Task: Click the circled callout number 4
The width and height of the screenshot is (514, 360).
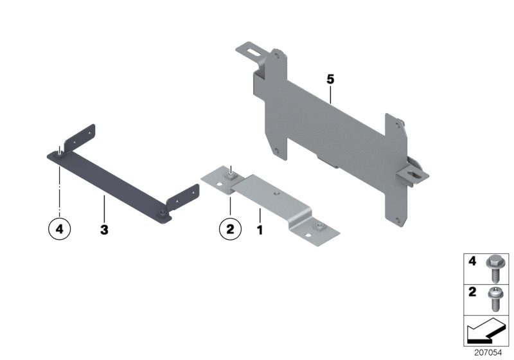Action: [x=60, y=228]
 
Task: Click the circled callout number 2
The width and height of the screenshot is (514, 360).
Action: [x=229, y=228]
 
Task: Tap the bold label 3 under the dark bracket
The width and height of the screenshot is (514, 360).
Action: [x=103, y=228]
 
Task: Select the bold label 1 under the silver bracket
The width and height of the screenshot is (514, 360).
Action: [x=260, y=228]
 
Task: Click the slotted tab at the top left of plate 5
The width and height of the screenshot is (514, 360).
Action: [x=252, y=50]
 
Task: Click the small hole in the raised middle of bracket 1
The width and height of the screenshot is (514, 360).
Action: [x=277, y=192]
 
